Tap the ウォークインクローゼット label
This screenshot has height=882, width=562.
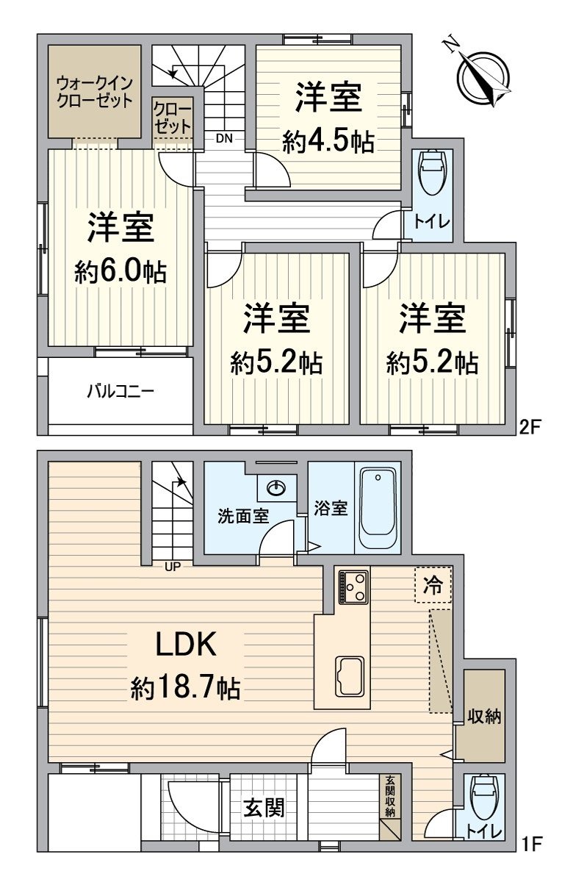click(94, 91)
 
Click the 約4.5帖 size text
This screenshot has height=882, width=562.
click(328, 142)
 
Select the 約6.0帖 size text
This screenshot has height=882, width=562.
click(120, 273)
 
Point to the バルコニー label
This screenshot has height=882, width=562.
click(120, 390)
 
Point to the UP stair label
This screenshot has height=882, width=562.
click(172, 565)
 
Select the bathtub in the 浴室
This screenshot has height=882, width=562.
click(378, 507)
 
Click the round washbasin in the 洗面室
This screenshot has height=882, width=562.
click(277, 487)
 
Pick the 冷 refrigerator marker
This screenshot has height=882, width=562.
click(433, 585)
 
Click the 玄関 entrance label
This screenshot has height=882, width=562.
click(264, 808)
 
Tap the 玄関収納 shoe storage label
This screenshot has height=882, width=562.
click(391, 797)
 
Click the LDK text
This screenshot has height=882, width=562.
click(185, 645)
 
